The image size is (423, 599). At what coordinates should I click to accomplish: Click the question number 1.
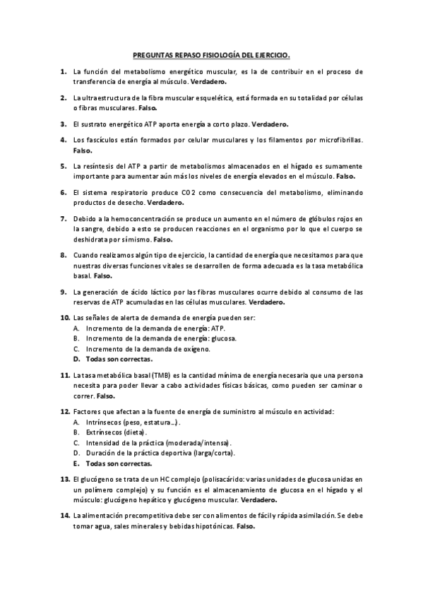coord(63,71)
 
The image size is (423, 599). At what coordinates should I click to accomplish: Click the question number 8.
coord(63,254)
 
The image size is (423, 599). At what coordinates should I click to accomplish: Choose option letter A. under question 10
coord(76,328)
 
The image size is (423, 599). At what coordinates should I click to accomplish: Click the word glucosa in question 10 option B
coord(222,338)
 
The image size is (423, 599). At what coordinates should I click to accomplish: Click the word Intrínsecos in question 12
coord(103,422)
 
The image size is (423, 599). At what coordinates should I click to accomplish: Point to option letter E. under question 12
coord(76,463)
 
